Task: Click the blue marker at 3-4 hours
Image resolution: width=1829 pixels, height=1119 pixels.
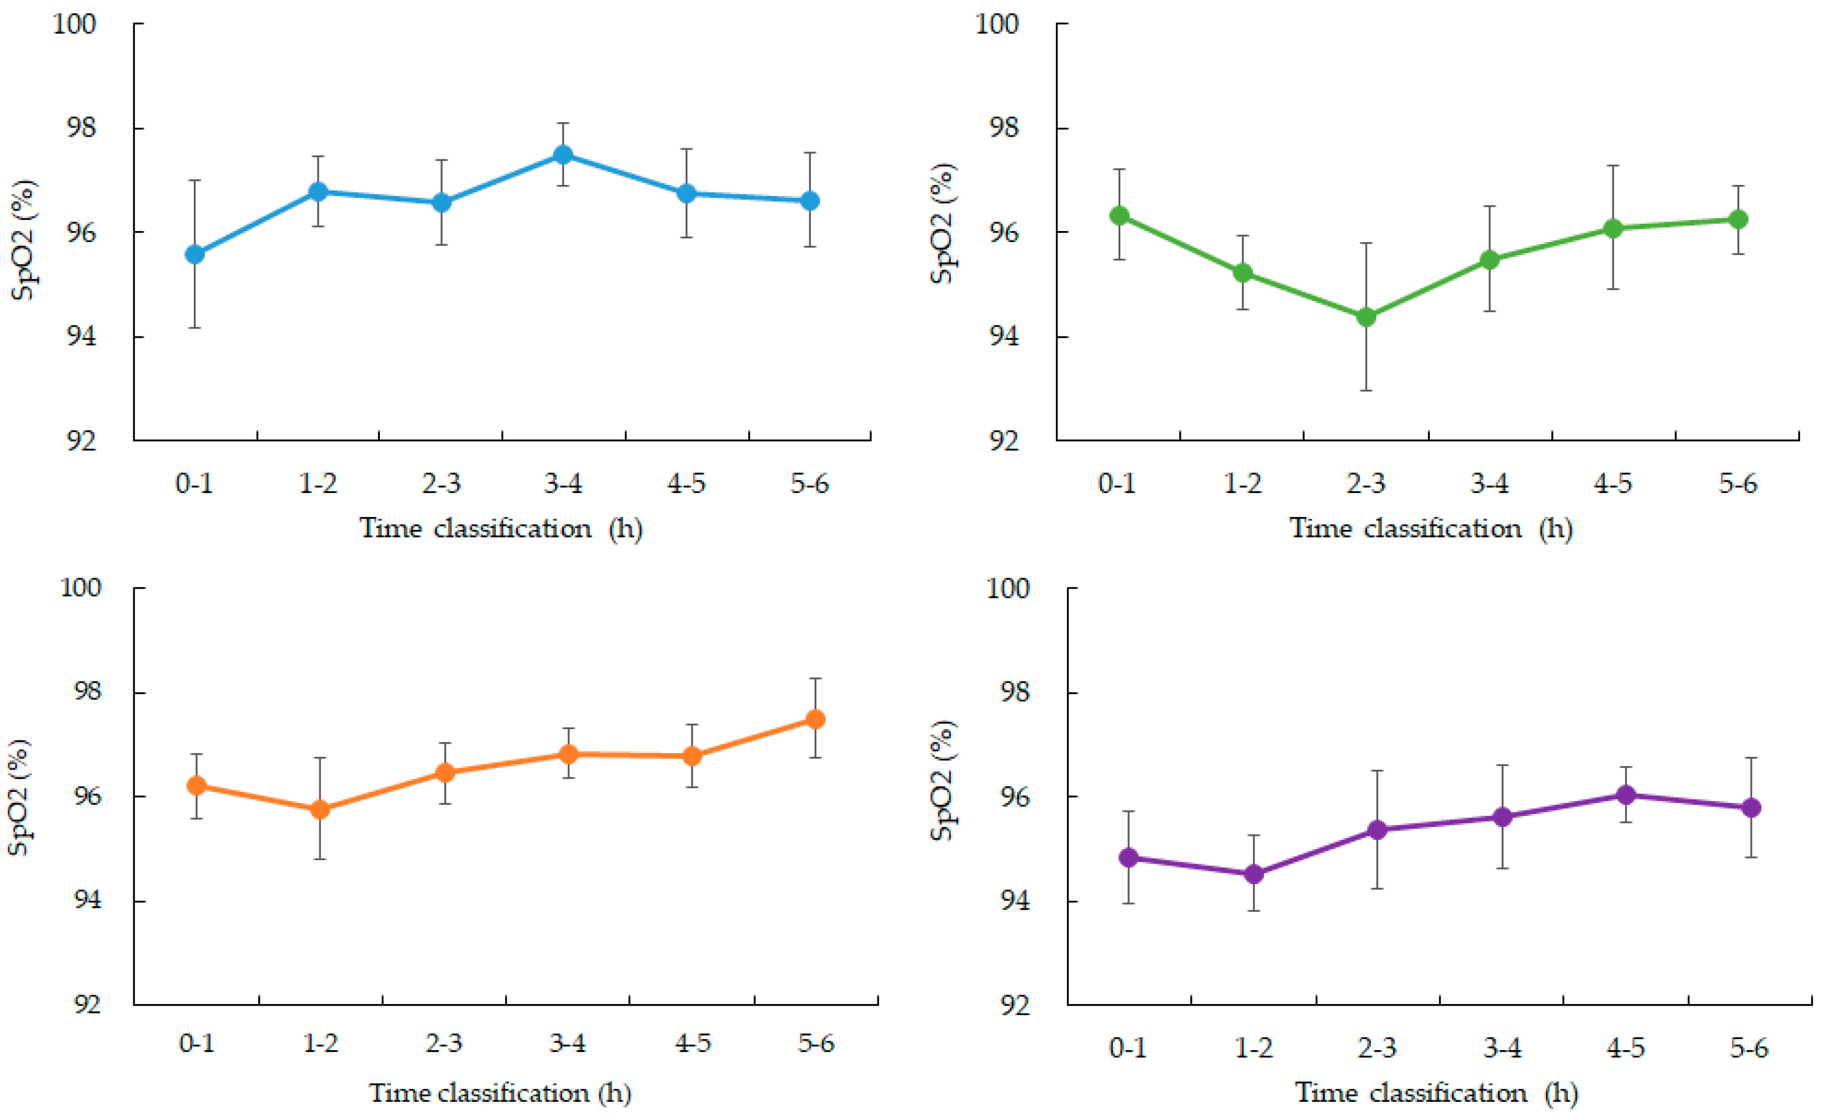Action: coord(563,154)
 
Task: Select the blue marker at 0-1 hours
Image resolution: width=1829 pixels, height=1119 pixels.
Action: coord(194,254)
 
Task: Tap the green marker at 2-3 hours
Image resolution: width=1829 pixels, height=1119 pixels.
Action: coord(1366,317)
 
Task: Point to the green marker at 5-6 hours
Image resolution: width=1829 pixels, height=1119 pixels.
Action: coord(1738,219)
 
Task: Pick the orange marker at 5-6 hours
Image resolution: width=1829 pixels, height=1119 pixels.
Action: coord(815,719)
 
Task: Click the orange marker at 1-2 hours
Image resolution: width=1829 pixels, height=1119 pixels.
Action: coord(320,809)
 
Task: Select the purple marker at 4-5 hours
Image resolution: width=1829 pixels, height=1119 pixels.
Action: coord(1626,795)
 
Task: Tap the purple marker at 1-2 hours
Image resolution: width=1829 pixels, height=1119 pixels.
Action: coord(1254,874)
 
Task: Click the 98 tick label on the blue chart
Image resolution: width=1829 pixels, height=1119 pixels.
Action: coord(81,128)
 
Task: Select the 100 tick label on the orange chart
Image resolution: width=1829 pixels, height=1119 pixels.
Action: coord(79,587)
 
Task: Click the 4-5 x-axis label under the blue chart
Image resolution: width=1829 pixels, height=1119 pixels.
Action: coord(686,484)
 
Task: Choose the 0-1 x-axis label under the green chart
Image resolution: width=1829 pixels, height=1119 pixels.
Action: coord(1116,484)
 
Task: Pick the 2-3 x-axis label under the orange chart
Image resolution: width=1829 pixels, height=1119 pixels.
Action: coord(443,1043)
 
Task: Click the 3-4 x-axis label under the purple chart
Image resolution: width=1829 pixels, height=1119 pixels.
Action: coord(1502,1048)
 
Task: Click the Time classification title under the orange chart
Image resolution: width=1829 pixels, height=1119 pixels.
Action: coord(499,1093)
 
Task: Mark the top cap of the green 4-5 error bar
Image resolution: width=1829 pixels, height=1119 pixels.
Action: coord(1613,165)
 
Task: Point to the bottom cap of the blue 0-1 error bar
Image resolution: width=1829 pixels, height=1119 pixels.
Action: coord(194,327)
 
